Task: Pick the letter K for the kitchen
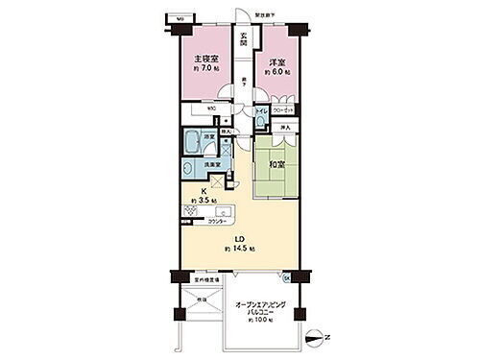191,190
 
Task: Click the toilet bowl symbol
260,122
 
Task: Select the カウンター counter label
219,222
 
